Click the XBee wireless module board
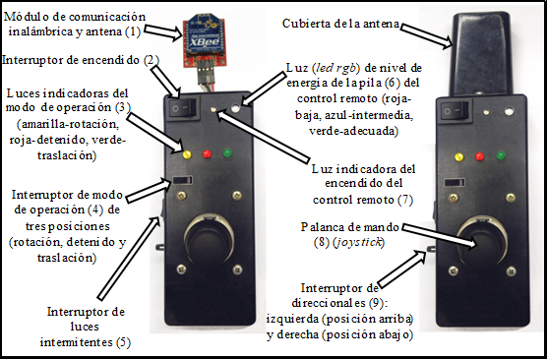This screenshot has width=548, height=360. (x=205, y=41)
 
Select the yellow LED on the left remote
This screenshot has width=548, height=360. (x=187, y=154)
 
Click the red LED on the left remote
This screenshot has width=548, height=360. (x=207, y=153)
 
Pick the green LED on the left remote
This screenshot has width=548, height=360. (x=227, y=152)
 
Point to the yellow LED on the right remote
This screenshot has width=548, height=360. (x=458, y=157)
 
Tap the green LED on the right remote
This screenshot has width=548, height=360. (x=501, y=154)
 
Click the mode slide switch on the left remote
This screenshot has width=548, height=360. (x=182, y=180)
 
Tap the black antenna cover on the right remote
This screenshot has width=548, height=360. (x=481, y=54)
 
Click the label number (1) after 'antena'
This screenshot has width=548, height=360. (x=133, y=31)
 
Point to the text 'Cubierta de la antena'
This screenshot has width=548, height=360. (x=340, y=24)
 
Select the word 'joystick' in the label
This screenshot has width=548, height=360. (x=357, y=243)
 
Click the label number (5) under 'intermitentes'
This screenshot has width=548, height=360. (x=123, y=342)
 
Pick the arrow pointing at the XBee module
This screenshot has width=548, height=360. (x=162, y=32)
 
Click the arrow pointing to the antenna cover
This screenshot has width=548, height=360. (x=426, y=35)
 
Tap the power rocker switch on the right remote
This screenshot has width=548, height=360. (x=453, y=110)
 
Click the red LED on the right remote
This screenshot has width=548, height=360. (x=479, y=155)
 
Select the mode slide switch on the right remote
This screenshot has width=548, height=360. (x=455, y=182)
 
